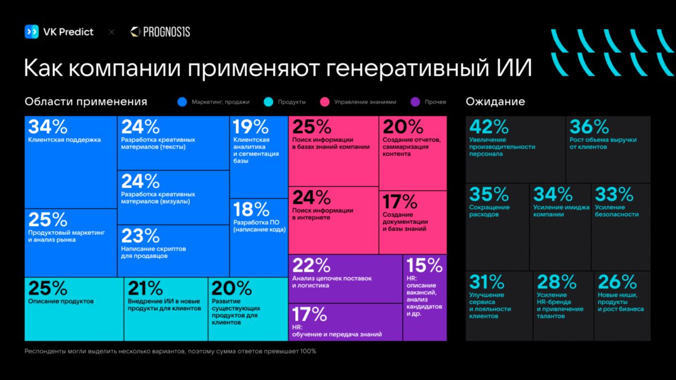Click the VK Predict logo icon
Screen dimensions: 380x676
pyautogui.click(x=32, y=32)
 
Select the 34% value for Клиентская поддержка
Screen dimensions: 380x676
pyautogui.click(x=47, y=127)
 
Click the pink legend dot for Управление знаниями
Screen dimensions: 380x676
pyautogui.click(x=324, y=102)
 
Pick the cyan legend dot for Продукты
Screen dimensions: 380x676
pyautogui.click(x=268, y=102)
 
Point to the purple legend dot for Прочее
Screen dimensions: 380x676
pyautogui.click(x=416, y=102)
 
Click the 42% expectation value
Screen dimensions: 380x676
pyautogui.click(x=488, y=127)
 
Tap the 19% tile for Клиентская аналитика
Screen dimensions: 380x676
pyautogui.click(x=258, y=157)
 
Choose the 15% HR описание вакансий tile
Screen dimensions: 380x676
pyautogui.click(x=424, y=297)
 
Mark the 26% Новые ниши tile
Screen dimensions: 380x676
pyautogui.click(x=621, y=305)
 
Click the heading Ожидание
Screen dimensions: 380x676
pyautogui.click(x=495, y=102)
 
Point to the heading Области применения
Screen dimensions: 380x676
pyautogui.click(x=86, y=102)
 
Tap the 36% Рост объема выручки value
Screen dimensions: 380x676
pyautogui.click(x=589, y=127)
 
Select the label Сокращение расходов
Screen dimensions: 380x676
pyautogui.click(x=490, y=211)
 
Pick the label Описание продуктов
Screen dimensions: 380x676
pyautogui.click(x=61, y=301)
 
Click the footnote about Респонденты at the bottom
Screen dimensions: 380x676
pyautogui.click(x=170, y=351)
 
